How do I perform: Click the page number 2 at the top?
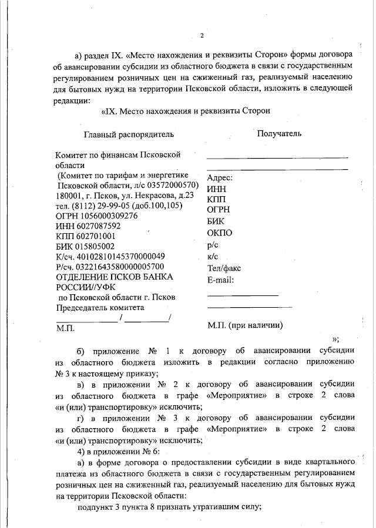tap(202, 36)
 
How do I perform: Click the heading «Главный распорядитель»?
tap(129, 134)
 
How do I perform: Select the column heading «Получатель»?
tap(280, 133)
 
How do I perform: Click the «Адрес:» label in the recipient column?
tap(221, 177)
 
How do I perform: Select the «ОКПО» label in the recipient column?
tap(220, 233)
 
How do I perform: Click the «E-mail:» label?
tap(221, 280)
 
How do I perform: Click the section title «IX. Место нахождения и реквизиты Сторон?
tap(186, 110)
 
